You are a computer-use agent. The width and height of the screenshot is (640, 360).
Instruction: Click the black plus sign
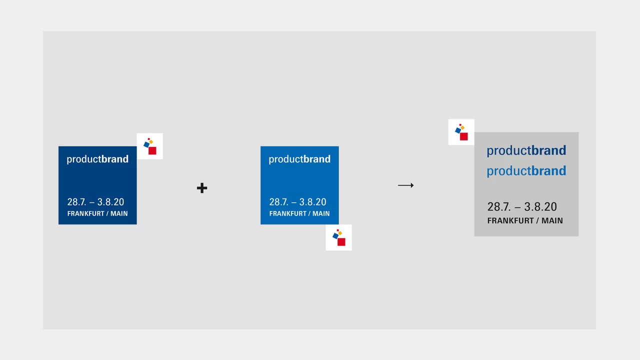click(x=202, y=188)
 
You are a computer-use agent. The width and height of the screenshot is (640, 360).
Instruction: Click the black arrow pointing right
click(x=405, y=185)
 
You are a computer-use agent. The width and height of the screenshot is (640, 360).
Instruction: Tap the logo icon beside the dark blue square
click(x=149, y=146)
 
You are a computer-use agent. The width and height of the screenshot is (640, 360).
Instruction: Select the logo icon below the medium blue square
click(x=339, y=237)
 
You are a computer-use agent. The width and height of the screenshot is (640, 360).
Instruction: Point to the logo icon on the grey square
click(x=461, y=132)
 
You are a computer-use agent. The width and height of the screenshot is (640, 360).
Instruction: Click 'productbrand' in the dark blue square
click(x=97, y=159)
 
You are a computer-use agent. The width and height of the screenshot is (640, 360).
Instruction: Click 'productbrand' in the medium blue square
click(x=299, y=159)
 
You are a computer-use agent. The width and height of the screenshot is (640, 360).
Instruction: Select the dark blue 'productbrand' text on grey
click(x=526, y=150)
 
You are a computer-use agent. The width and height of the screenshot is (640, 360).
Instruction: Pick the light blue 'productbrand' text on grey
click(x=526, y=171)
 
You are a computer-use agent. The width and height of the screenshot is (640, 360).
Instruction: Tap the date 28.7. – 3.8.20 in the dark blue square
click(x=95, y=202)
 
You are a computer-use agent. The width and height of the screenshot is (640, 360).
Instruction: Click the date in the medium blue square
click(x=297, y=202)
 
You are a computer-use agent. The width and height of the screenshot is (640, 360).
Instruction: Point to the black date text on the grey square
click(x=522, y=207)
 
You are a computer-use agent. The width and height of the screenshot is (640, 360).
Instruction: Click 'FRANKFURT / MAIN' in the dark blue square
click(x=97, y=213)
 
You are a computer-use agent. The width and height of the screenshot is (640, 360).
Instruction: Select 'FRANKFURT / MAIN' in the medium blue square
click(x=299, y=213)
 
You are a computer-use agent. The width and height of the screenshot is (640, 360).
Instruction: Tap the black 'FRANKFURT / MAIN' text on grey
click(x=525, y=220)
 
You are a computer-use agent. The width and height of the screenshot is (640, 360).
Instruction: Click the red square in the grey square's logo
click(x=463, y=136)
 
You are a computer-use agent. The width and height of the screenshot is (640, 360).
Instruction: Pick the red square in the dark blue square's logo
click(x=152, y=150)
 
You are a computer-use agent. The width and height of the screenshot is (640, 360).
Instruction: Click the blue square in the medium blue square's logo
click(x=335, y=236)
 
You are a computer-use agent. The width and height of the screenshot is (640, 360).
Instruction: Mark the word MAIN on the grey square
click(x=552, y=220)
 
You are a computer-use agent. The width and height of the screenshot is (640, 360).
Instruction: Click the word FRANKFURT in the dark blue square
click(x=85, y=213)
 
